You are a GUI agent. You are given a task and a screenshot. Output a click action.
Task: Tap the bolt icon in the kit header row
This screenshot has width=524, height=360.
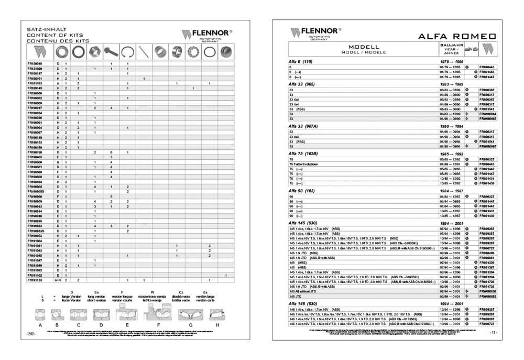pos(111,52)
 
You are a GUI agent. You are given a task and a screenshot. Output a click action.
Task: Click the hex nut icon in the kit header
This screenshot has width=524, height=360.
pos(95,52)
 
